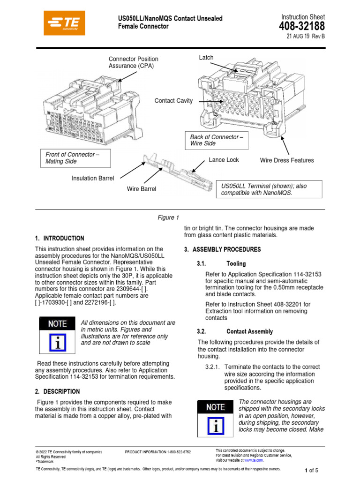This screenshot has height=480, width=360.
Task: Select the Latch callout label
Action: (x=206, y=58)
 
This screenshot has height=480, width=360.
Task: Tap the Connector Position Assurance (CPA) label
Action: (x=133, y=62)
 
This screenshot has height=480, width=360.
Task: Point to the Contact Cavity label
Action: (x=173, y=101)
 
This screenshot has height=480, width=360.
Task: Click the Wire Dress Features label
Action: (x=287, y=160)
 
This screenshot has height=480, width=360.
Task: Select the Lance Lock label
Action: (x=224, y=160)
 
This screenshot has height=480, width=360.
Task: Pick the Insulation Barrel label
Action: (x=93, y=178)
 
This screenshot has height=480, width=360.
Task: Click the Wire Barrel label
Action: (x=142, y=189)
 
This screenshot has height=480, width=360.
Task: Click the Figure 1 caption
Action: (x=168, y=217)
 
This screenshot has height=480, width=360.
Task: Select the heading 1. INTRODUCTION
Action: (x=60, y=238)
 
